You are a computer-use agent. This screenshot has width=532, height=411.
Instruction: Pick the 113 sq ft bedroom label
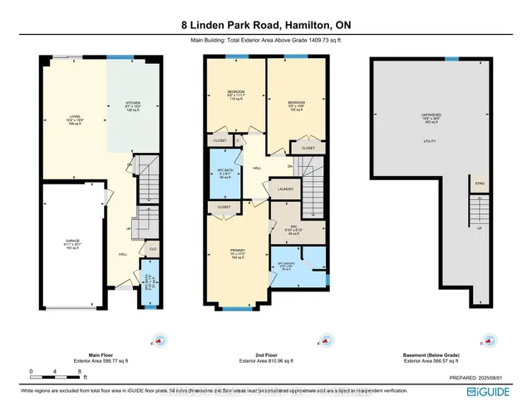pyautogui.click(x=235, y=94)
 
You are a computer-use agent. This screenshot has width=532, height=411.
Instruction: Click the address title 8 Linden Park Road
pyautogui.click(x=265, y=25)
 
